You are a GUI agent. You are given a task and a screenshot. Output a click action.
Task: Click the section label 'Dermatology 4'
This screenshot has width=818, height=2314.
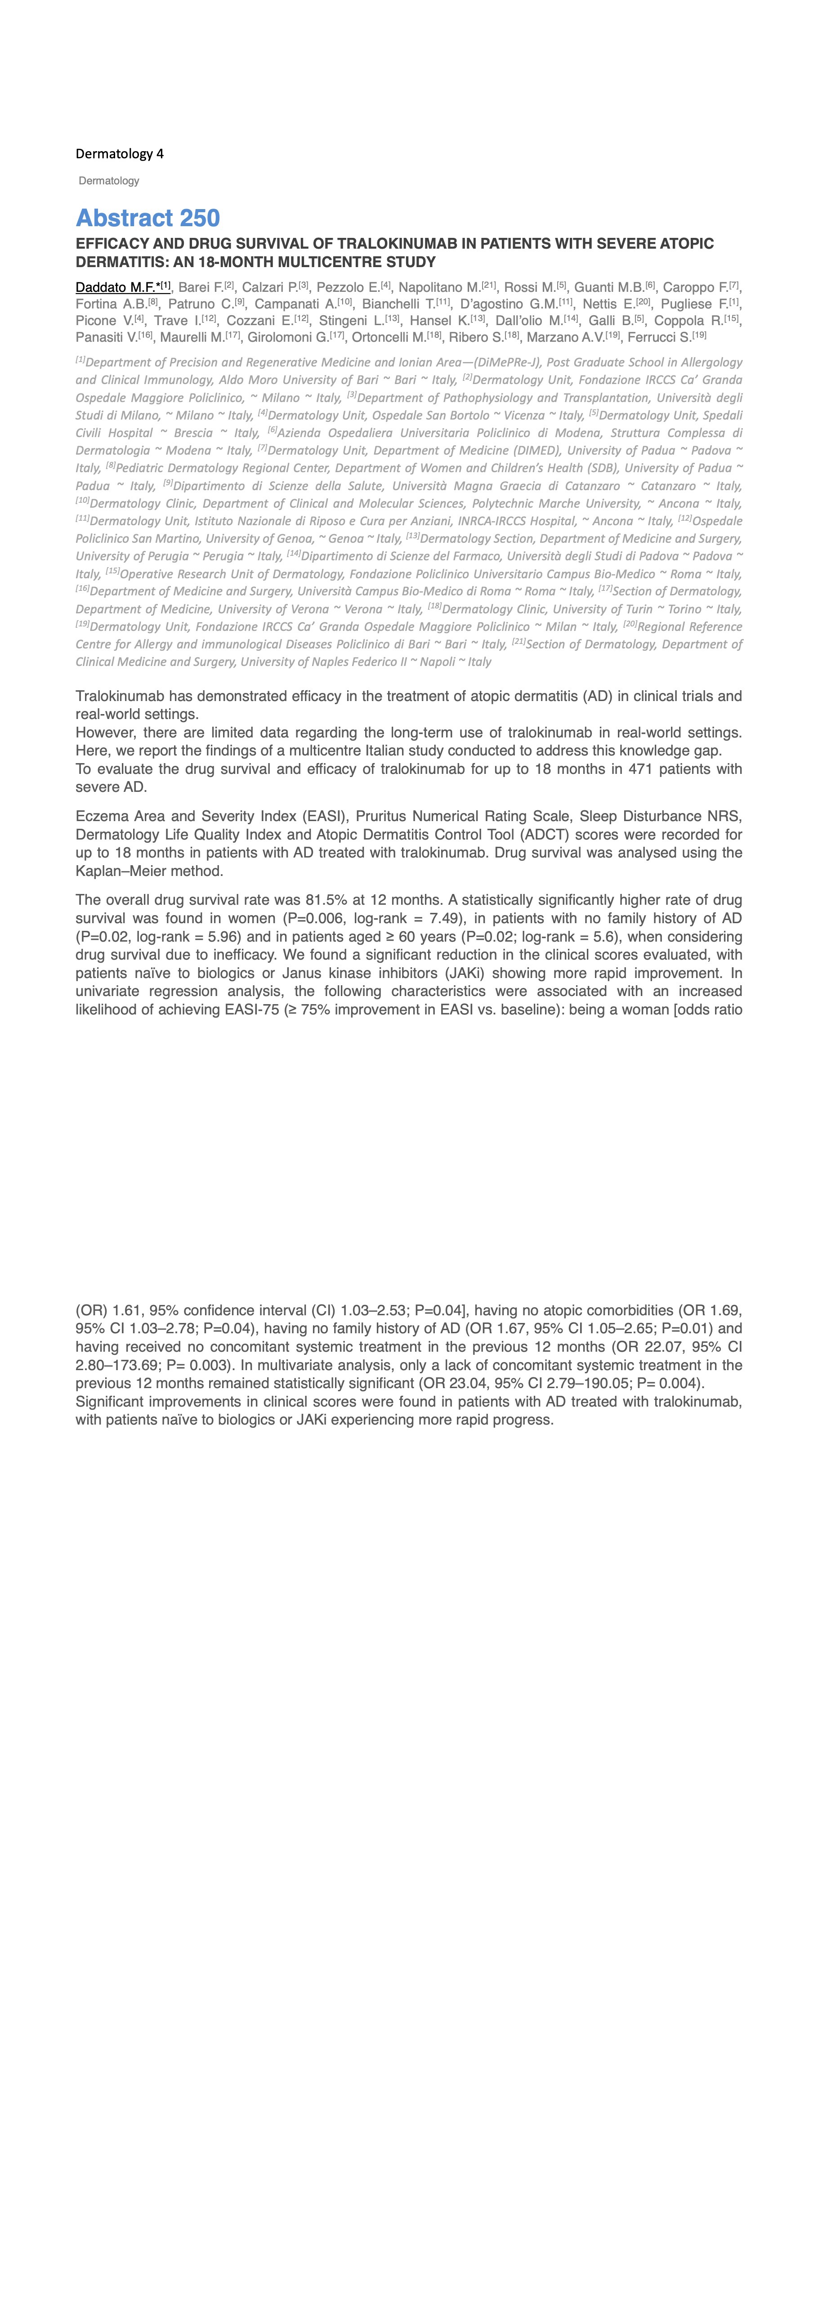120,154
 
